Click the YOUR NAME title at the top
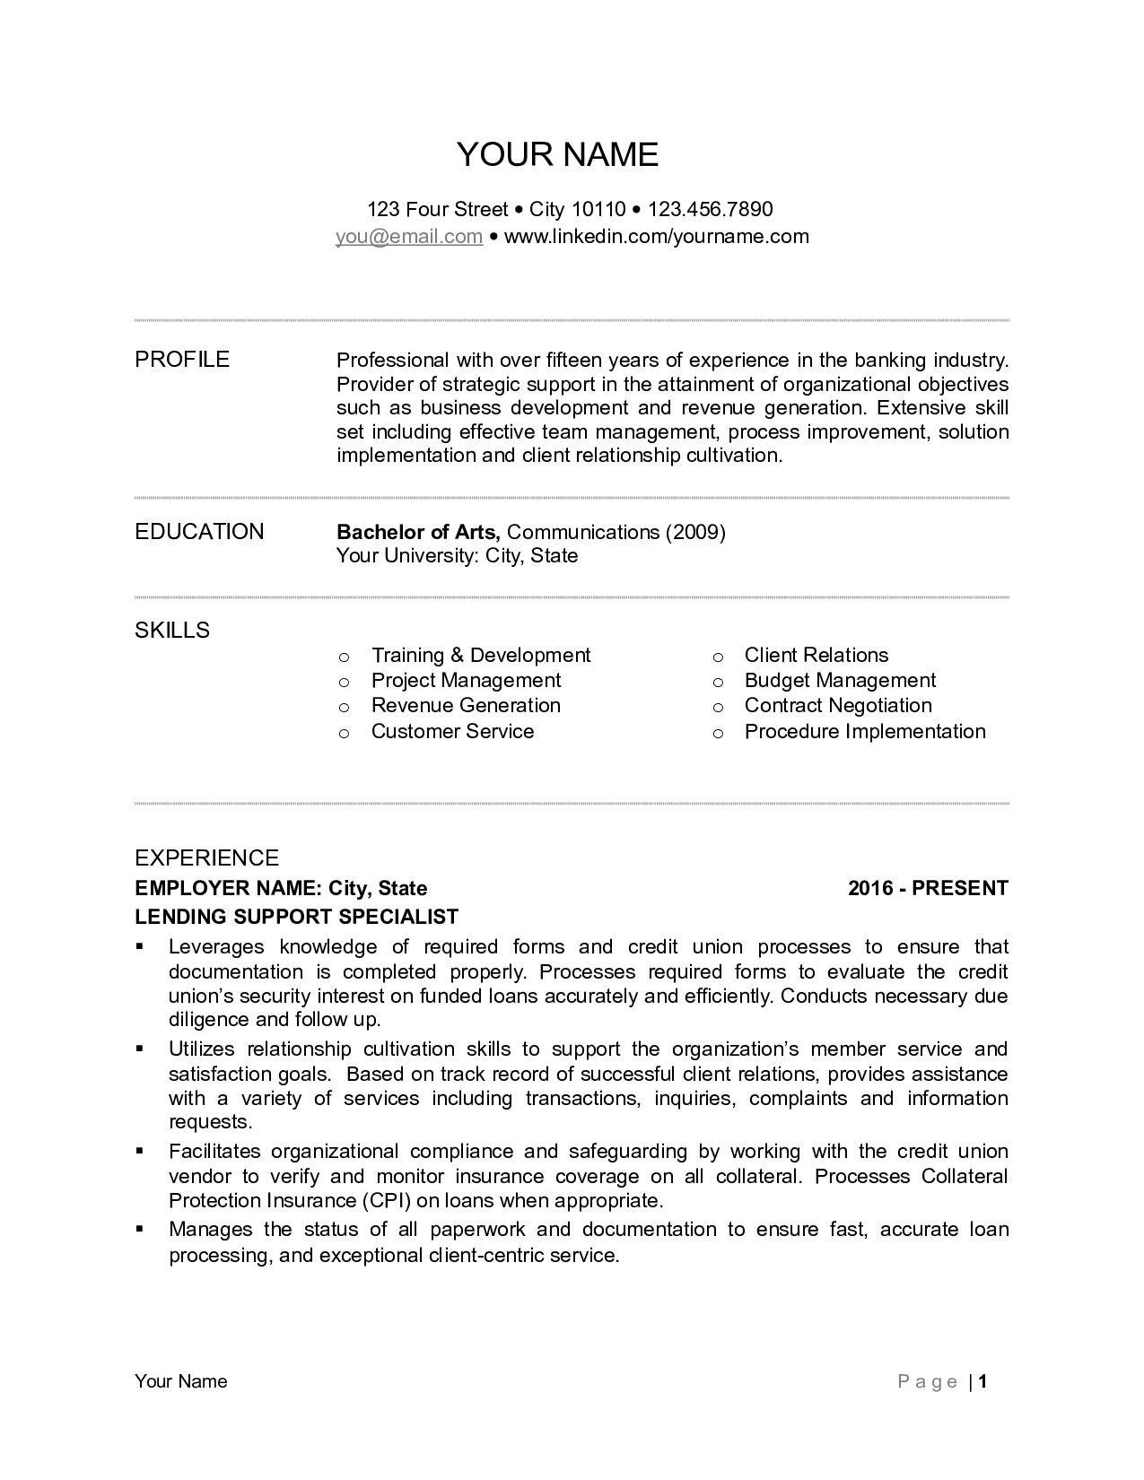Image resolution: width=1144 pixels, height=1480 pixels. click(557, 154)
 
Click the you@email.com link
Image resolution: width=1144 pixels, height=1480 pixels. click(409, 237)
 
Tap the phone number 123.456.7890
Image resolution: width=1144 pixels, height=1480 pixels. click(710, 210)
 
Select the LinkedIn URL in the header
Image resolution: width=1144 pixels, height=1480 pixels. click(656, 237)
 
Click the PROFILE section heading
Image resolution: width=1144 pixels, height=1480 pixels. click(182, 360)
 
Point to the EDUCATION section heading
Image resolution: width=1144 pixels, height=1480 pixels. click(199, 532)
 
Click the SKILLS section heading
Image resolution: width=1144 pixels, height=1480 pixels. click(172, 631)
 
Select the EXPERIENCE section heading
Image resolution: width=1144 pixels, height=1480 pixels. click(206, 858)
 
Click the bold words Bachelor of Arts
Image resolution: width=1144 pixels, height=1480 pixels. click(418, 532)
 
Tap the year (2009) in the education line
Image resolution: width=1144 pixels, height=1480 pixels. click(695, 532)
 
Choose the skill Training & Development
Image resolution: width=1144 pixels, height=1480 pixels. click(481, 656)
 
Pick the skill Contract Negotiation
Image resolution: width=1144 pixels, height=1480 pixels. click(838, 706)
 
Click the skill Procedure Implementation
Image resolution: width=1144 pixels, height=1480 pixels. click(865, 732)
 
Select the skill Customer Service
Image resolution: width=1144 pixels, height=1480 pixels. click(452, 732)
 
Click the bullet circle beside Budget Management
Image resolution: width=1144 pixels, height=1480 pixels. click(718, 683)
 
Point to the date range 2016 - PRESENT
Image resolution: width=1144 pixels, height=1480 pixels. click(928, 888)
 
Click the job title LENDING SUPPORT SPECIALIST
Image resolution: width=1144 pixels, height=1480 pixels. click(296, 917)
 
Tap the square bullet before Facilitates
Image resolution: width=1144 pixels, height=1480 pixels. click(140, 1151)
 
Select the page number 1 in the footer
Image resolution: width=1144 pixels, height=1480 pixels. click(983, 1381)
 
